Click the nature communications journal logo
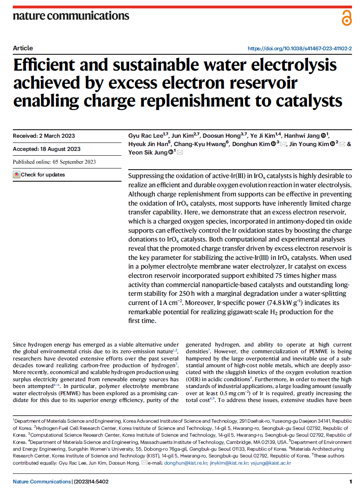coord(71,16)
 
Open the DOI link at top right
coord(300,49)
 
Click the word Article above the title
coord(23,48)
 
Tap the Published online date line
coord(54,162)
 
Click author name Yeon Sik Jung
coord(148,152)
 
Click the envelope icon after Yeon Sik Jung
coord(180,152)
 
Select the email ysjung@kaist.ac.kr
coord(271,463)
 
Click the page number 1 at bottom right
coord(350,481)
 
